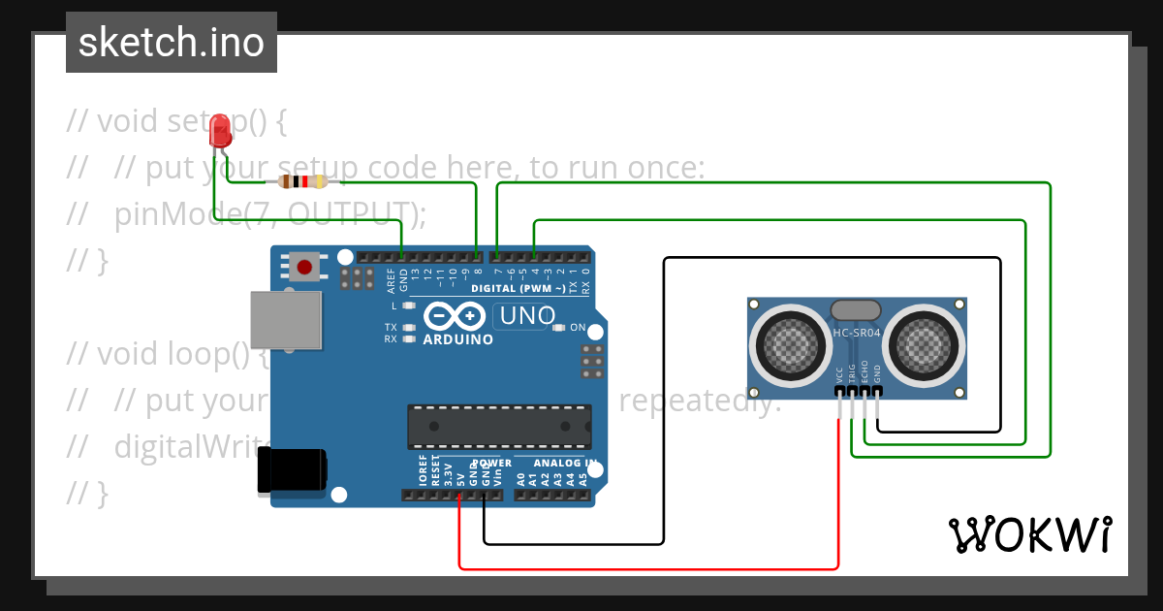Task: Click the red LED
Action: (x=221, y=129)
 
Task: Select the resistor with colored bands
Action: (x=302, y=181)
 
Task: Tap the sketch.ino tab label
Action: (x=171, y=43)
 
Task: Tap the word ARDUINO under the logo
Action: (x=457, y=339)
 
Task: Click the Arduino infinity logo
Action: (x=454, y=316)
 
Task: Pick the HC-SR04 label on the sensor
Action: (x=856, y=335)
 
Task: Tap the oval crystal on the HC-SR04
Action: (x=856, y=309)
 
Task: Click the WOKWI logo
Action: (x=1029, y=534)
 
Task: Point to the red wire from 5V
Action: (x=649, y=568)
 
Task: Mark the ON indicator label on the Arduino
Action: (x=578, y=327)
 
